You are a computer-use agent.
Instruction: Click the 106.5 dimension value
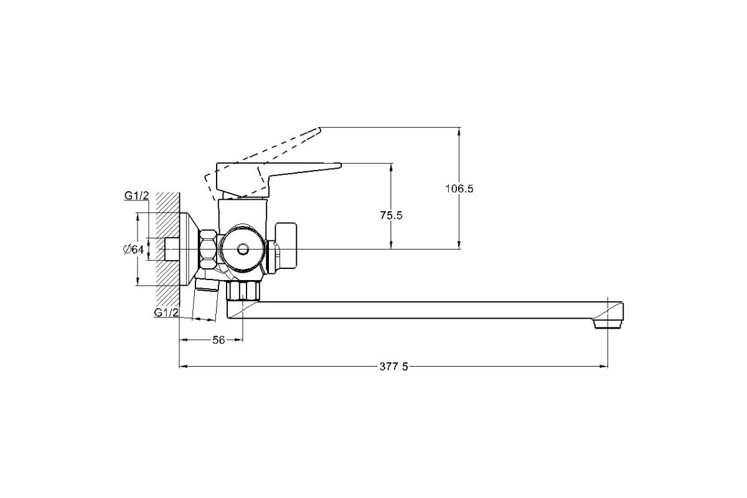459,189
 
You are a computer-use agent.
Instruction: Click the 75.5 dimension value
391,215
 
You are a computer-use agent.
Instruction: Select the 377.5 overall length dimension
393,367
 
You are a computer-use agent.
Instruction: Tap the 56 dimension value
218,340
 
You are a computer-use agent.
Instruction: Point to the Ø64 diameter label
133,250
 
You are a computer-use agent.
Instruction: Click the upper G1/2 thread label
136,195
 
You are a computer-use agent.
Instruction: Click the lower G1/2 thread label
166,312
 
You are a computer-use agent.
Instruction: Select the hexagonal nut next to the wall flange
207,249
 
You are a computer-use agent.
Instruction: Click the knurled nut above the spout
243,291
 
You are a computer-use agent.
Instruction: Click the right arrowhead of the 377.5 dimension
605,367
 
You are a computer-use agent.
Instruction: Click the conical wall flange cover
189,249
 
